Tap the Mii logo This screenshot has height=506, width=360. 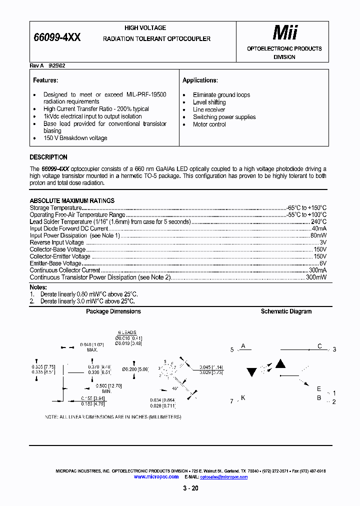click(x=284, y=33)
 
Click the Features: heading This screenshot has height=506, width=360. click(x=45, y=80)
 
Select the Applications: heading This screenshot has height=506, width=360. click(x=200, y=80)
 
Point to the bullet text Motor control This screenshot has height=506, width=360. click(x=209, y=124)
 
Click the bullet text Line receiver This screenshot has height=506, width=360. click(x=209, y=109)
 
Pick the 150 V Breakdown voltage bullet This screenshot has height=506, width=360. click(x=75, y=138)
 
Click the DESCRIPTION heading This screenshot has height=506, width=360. click(x=48, y=157)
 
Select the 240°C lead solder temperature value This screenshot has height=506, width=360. click(x=318, y=221)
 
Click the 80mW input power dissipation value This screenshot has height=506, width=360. click(x=318, y=235)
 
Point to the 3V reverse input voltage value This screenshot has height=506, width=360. click(x=323, y=242)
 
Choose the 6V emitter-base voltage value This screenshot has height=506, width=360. click(x=323, y=263)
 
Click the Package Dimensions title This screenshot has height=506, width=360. click(x=113, y=311)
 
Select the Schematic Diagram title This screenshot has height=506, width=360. click(x=286, y=311)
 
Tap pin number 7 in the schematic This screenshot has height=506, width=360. click(x=231, y=401)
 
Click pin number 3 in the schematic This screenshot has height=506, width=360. click(x=334, y=349)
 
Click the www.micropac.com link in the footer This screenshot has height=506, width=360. click(x=156, y=477)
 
